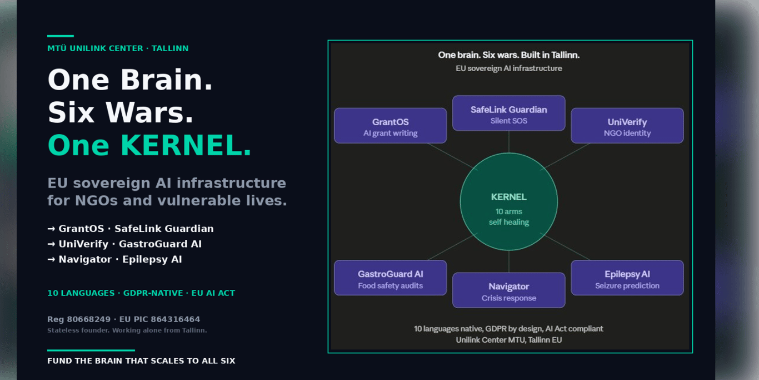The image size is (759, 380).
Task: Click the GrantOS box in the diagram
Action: [391, 126]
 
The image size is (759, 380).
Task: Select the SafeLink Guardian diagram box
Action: [508, 113]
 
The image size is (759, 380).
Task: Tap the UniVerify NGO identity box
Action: [627, 126]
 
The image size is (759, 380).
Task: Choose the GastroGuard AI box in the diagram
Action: [391, 278]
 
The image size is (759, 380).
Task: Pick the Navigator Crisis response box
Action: [508, 290]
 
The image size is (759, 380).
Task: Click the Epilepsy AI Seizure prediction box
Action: [627, 278]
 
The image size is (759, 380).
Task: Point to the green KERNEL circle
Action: [508, 201]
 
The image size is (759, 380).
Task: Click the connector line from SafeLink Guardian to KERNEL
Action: [508, 142]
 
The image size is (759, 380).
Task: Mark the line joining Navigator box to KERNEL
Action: [508, 261]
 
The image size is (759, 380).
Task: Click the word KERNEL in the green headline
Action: [186, 145]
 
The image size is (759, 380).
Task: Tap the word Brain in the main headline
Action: [166, 80]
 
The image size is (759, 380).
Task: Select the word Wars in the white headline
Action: [149, 112]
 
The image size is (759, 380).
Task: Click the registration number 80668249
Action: [88, 319]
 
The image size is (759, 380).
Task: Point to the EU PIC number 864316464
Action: [175, 319]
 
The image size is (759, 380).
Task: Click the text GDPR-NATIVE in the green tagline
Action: [153, 293]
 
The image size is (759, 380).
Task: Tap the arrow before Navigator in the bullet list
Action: [51, 260]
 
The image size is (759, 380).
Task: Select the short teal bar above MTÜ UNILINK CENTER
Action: [61, 36]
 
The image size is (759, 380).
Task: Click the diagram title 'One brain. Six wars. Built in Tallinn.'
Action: [508, 55]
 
